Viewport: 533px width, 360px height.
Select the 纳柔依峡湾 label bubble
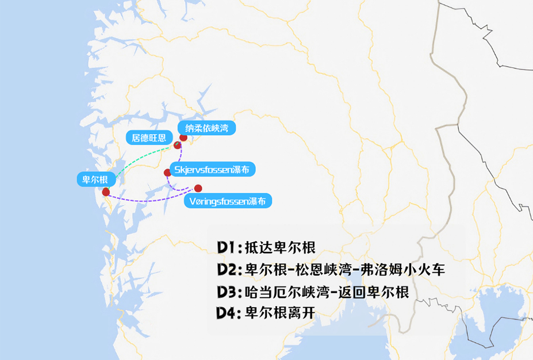[x=202, y=128]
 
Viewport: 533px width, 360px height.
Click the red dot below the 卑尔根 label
[x=106, y=192]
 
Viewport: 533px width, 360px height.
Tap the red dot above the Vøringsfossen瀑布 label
[x=198, y=188]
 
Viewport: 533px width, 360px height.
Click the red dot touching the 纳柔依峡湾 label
[x=183, y=137]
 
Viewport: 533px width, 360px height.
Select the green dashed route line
[x=144, y=158]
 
